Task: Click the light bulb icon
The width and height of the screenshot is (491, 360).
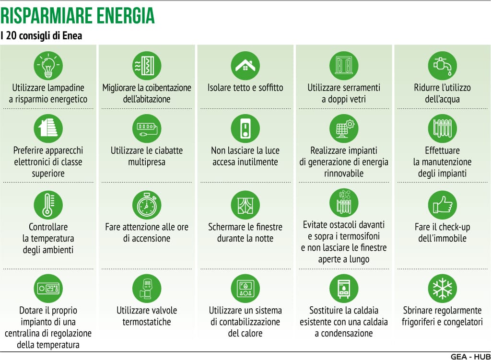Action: tap(48, 66)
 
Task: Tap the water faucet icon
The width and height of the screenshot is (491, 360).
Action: tap(443, 66)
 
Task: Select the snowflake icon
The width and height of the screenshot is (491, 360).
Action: tap(443, 288)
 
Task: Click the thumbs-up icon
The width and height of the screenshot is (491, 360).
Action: tap(443, 205)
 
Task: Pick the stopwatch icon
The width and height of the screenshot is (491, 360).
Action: tap(147, 205)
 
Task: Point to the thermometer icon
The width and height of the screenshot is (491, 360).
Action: tap(48, 205)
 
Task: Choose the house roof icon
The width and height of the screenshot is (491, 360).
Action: tap(245, 66)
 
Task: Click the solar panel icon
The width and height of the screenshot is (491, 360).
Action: tap(344, 128)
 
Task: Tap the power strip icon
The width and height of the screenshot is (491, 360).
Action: tap(147, 128)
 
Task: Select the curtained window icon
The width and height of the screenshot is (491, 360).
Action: tap(245, 205)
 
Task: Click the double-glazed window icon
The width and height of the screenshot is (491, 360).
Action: tap(344, 66)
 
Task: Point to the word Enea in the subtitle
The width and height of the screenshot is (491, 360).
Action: tap(72, 35)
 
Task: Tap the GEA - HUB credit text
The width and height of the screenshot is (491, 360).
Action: tap(471, 357)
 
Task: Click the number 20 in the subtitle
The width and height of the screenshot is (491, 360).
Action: tap(11, 35)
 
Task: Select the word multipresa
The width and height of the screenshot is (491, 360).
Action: tap(147, 162)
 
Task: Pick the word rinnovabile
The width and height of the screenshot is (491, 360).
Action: tap(344, 173)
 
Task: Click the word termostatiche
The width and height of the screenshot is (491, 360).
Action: tap(147, 322)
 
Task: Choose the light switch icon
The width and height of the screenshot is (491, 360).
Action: tap(245, 128)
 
